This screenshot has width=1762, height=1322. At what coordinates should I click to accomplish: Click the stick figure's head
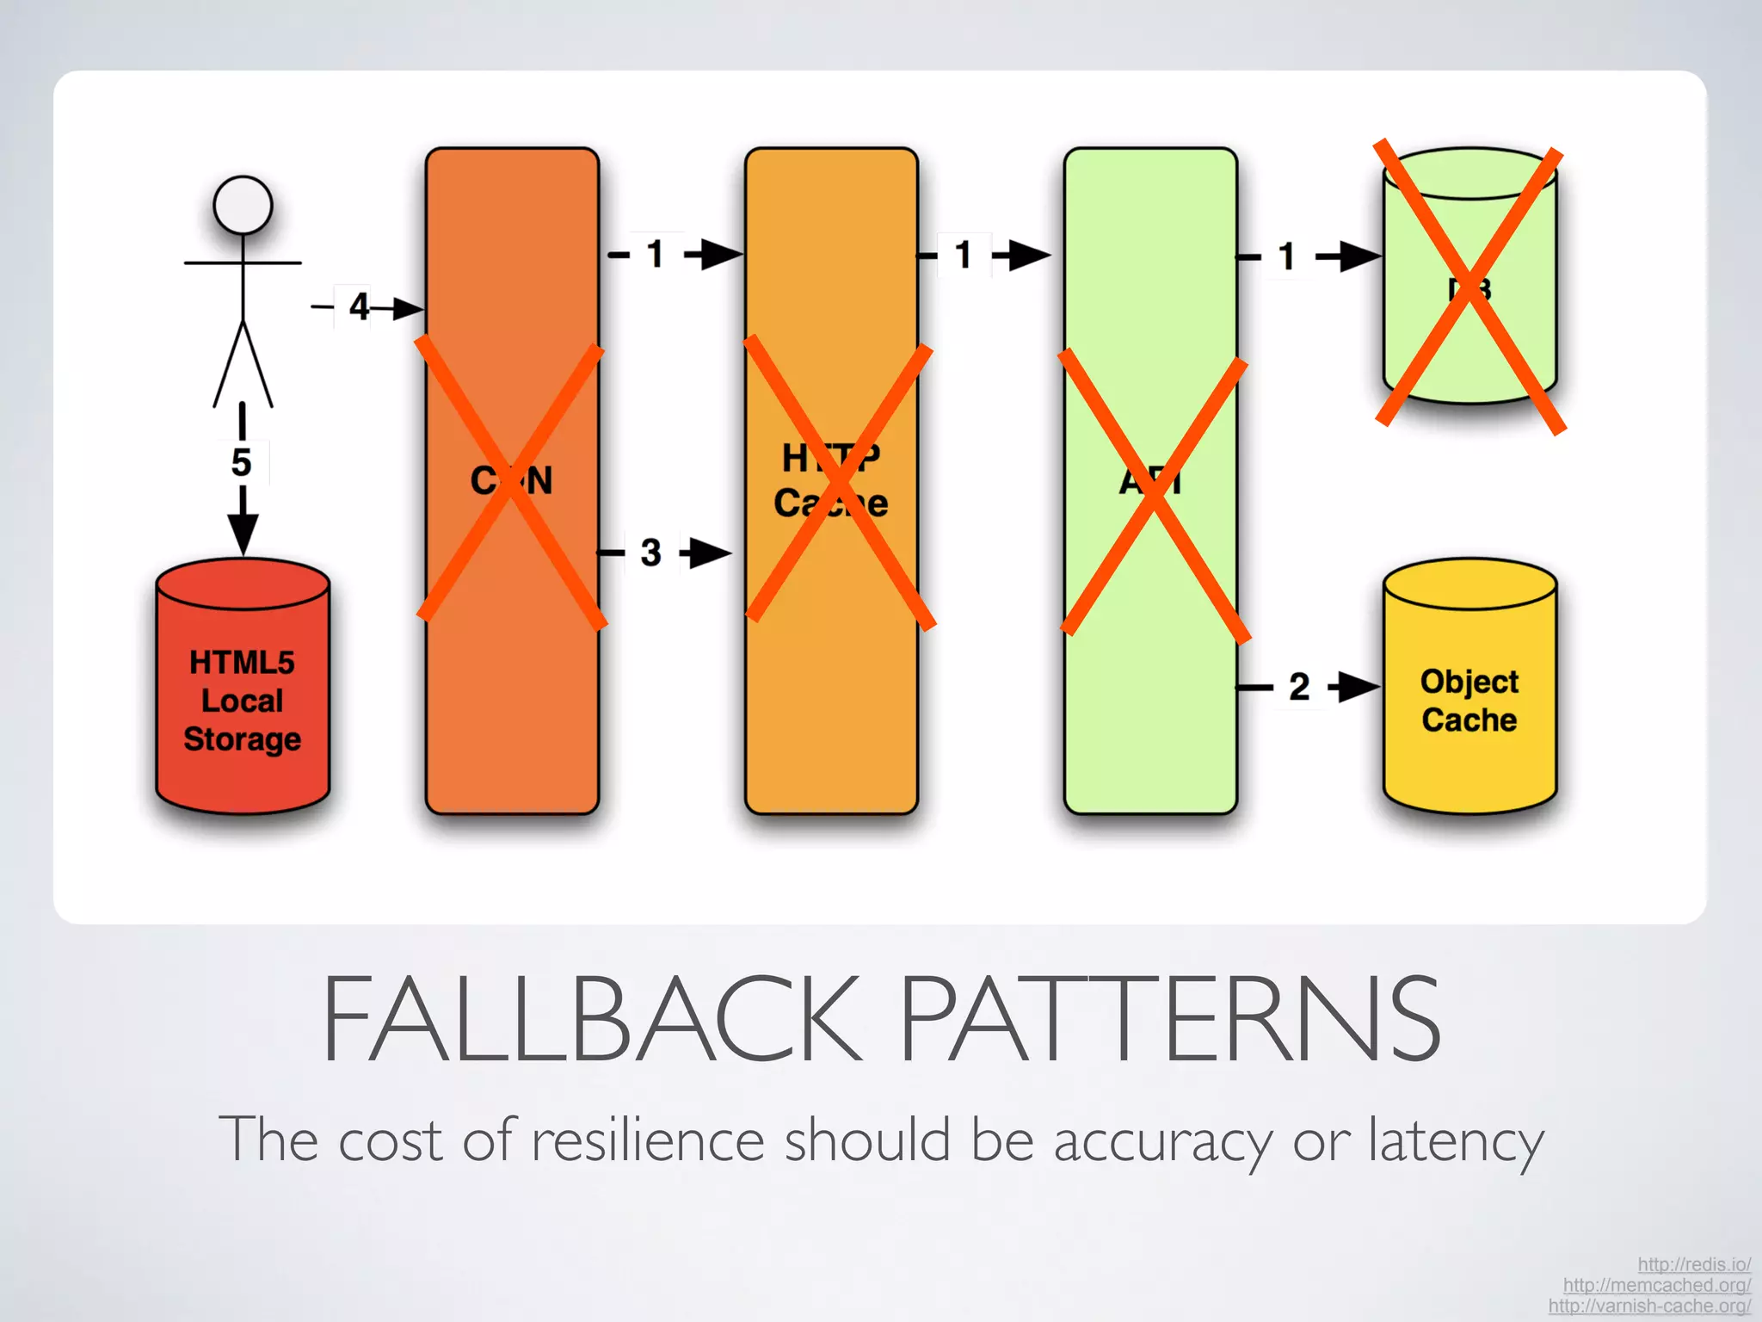[x=243, y=205]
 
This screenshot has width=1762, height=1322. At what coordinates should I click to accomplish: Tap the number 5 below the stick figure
[x=242, y=463]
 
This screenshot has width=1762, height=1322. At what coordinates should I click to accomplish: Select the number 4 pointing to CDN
[x=359, y=306]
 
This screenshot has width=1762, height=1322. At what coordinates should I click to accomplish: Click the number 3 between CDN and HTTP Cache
[x=651, y=553]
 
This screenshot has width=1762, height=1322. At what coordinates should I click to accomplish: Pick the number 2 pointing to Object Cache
[x=1299, y=687]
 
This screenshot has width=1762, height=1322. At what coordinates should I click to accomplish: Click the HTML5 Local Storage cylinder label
[x=243, y=701]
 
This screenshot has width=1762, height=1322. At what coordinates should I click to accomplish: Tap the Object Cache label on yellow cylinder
[x=1469, y=701]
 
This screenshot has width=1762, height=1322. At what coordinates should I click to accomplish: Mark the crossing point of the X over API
[x=1153, y=497]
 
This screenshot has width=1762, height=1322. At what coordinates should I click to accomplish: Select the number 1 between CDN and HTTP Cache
[x=656, y=255]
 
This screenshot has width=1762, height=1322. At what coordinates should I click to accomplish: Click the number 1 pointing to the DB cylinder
[x=1287, y=256]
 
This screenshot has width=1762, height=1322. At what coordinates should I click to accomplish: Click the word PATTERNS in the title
[x=1170, y=1019]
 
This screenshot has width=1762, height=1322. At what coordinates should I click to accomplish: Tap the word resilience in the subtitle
[x=647, y=1140]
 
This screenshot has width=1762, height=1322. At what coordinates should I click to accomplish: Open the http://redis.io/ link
[x=1693, y=1264]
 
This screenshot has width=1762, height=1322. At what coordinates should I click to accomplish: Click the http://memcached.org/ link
[x=1656, y=1285]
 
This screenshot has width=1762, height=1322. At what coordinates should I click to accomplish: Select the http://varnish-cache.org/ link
[x=1649, y=1306]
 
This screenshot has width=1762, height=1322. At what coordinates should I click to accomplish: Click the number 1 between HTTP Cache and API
[x=964, y=255]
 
